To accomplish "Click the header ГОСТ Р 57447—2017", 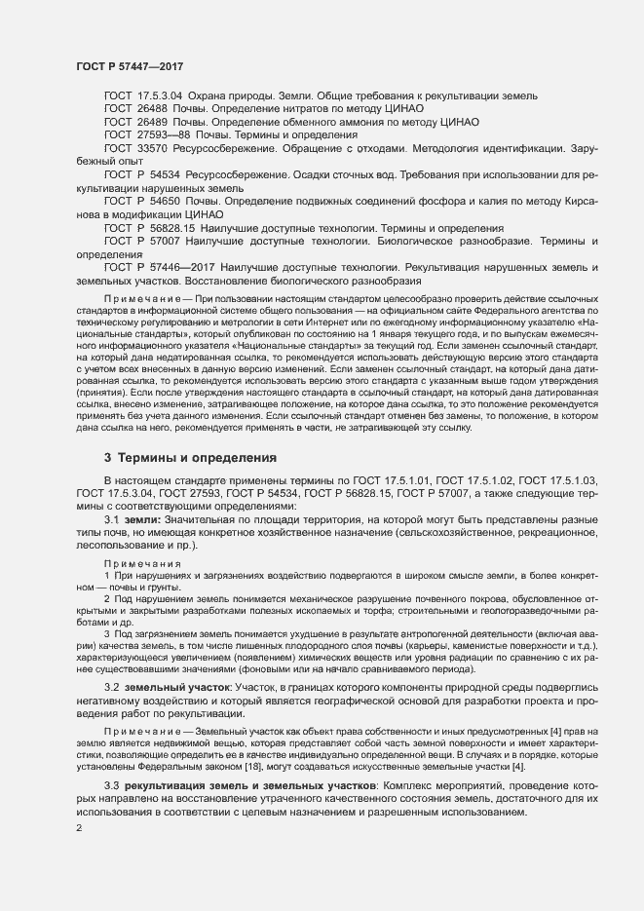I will pyautogui.click(x=130, y=66).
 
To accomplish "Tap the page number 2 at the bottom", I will pyautogui.click(x=79, y=828).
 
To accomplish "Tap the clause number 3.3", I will pyautogui.click(x=112, y=785).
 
